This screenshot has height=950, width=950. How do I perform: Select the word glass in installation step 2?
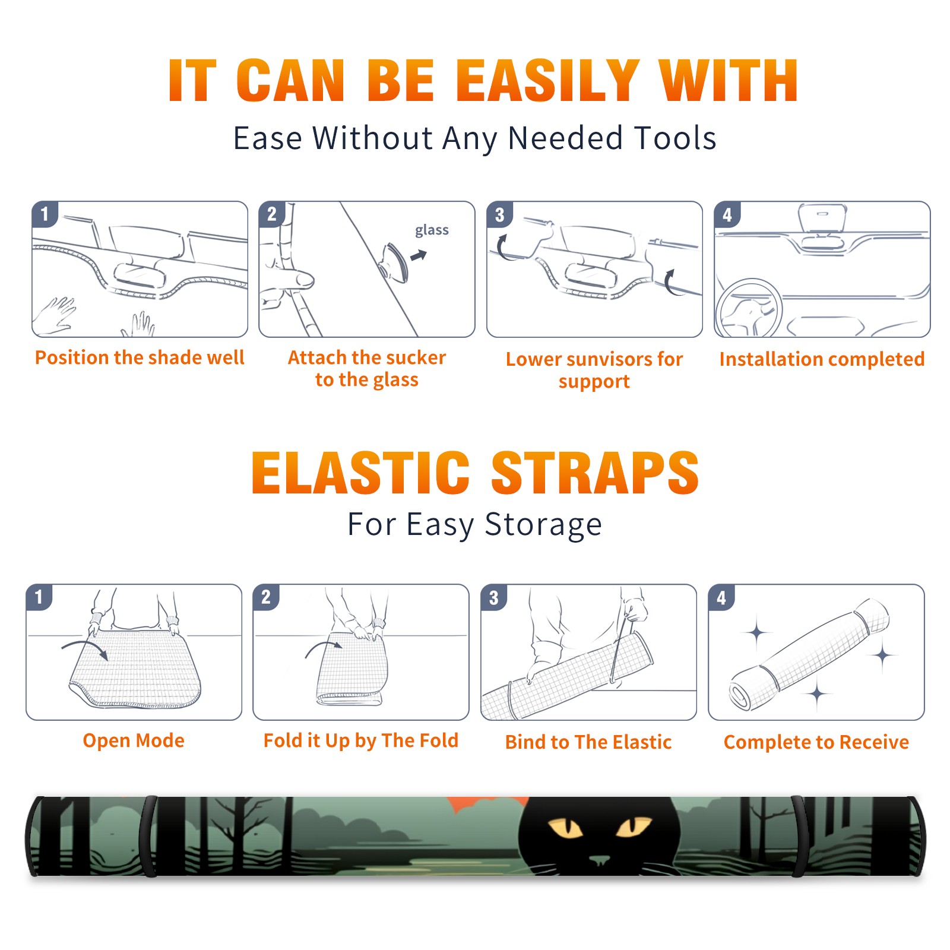click(432, 230)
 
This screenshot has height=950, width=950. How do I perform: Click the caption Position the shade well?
click(140, 357)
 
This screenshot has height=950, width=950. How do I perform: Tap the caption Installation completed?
click(822, 359)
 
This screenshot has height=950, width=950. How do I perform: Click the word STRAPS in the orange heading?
click(595, 473)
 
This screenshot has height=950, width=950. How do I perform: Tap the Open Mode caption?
click(134, 740)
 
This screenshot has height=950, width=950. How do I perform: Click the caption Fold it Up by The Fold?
click(361, 740)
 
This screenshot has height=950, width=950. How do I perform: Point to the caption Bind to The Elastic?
click(588, 742)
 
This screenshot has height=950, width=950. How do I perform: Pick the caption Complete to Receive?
click(816, 742)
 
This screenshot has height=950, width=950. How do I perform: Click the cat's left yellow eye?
click(565, 828)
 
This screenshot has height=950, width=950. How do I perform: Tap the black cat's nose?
click(599, 859)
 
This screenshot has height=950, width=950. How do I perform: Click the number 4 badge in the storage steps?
click(721, 597)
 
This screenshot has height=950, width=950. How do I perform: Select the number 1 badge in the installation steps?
click(45, 214)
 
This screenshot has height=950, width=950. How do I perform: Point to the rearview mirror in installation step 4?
click(822, 217)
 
